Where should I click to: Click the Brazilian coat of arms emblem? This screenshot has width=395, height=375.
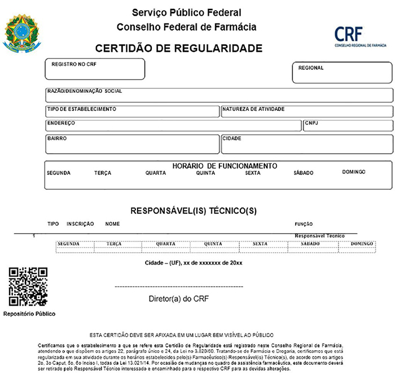pos(23,32)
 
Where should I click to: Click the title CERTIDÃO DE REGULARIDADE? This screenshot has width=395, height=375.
pos(179,48)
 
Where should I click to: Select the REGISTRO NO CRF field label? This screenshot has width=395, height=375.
pos(74,65)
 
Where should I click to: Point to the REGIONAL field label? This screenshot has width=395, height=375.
pos(311,68)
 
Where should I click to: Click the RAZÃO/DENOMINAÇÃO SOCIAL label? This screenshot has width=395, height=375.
pos(85,91)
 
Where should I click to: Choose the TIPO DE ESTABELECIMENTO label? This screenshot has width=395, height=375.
pos(81,109)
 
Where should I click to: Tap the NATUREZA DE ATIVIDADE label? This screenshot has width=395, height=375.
pos(253,109)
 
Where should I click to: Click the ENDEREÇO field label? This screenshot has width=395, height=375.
pos(62,123)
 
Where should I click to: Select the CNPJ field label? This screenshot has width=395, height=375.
pos(312,123)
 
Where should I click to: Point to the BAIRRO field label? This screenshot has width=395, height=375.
pos(57,138)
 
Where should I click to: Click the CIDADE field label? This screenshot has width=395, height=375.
pos(232,138)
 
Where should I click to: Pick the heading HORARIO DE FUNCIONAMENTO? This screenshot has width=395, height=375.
pos(225,166)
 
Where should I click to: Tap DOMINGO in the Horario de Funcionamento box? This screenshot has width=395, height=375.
pos(354,172)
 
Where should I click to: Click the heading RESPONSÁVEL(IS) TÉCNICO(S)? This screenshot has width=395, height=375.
pos(194,211)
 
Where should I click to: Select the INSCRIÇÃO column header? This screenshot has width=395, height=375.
pos(80,224)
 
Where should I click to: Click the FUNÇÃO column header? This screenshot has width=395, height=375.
pos(304,224)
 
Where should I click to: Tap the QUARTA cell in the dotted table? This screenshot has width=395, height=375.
pos(166,244)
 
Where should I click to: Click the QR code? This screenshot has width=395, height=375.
pos(28,287)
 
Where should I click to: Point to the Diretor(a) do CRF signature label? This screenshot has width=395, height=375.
pos(178,298)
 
